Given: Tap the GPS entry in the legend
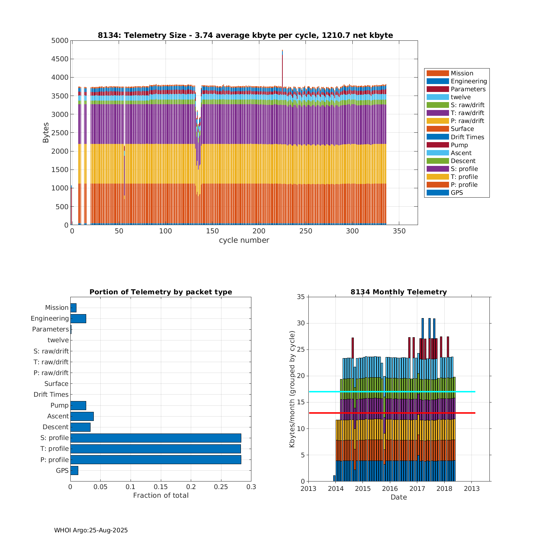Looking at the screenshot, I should tap(457, 193).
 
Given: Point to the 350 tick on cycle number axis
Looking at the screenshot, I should tap(399, 231).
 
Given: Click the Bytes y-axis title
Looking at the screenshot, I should tap(46, 133).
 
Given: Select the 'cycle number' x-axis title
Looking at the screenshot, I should tap(244, 240).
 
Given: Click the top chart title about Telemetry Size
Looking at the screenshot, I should tap(245, 35).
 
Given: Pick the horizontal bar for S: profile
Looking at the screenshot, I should tap(155, 438).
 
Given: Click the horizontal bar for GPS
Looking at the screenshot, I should tap(74, 470).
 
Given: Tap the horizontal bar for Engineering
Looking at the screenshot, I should tap(78, 318).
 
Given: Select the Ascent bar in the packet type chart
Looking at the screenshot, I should tap(82, 416).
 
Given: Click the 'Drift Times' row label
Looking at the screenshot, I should tap(51, 395).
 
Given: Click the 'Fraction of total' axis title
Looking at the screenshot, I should tap(161, 496).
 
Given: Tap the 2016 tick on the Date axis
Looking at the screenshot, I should tap(390, 489).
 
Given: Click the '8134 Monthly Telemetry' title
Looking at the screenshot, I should tap(399, 292).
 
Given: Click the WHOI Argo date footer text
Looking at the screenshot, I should tap(91, 530).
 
